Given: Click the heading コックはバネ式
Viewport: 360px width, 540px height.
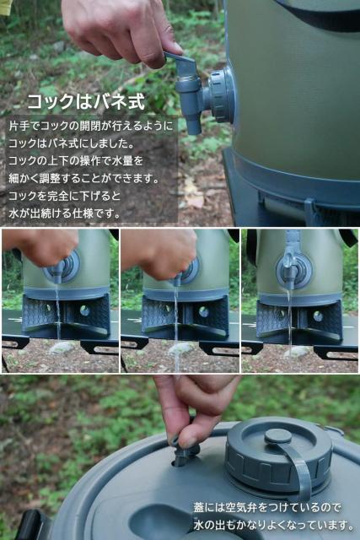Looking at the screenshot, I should [85, 102].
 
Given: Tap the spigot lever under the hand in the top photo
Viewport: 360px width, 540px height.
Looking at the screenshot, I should [185, 67].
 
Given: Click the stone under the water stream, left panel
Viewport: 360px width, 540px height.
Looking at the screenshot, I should [61, 348].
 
